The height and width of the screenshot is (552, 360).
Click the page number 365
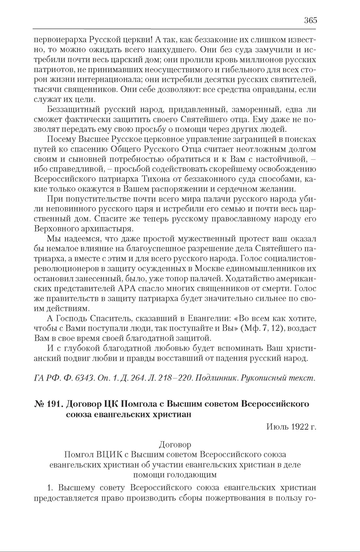pyautogui.click(x=310, y=20)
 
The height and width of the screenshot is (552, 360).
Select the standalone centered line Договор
pyautogui.click(x=175, y=445)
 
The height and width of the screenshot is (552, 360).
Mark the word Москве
pyautogui.click(x=208, y=269)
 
